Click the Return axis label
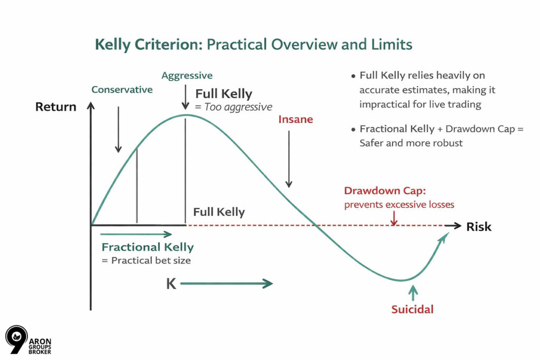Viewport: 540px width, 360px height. point(56,106)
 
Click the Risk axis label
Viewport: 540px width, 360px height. point(479,227)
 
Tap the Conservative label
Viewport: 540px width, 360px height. point(122,90)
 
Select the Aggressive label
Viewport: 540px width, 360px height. point(187,76)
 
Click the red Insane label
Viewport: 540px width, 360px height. point(295,120)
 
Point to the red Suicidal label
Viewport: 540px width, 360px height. point(412,309)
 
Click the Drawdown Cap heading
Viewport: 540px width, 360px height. point(385,191)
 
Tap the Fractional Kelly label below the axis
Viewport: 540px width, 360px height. point(148,247)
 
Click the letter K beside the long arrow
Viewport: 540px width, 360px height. point(171,284)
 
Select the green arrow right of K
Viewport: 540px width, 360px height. point(226,284)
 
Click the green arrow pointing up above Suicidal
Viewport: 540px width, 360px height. point(413,293)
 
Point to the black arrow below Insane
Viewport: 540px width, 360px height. point(289,159)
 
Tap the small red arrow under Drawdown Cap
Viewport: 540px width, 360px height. point(394,218)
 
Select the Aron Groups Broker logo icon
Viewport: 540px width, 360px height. point(16,339)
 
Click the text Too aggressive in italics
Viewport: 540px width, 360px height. point(238,107)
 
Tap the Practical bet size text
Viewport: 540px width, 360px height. point(151,260)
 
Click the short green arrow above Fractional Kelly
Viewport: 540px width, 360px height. point(136,235)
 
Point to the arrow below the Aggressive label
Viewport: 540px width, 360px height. point(185,97)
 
